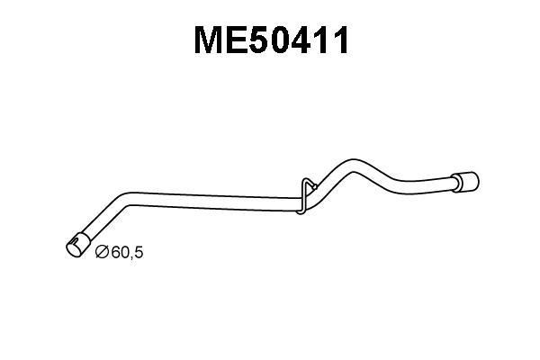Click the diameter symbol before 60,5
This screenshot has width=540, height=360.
(x=103, y=252)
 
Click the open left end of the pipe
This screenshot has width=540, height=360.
(x=74, y=247)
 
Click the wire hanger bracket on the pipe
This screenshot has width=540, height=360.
(x=307, y=195)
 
